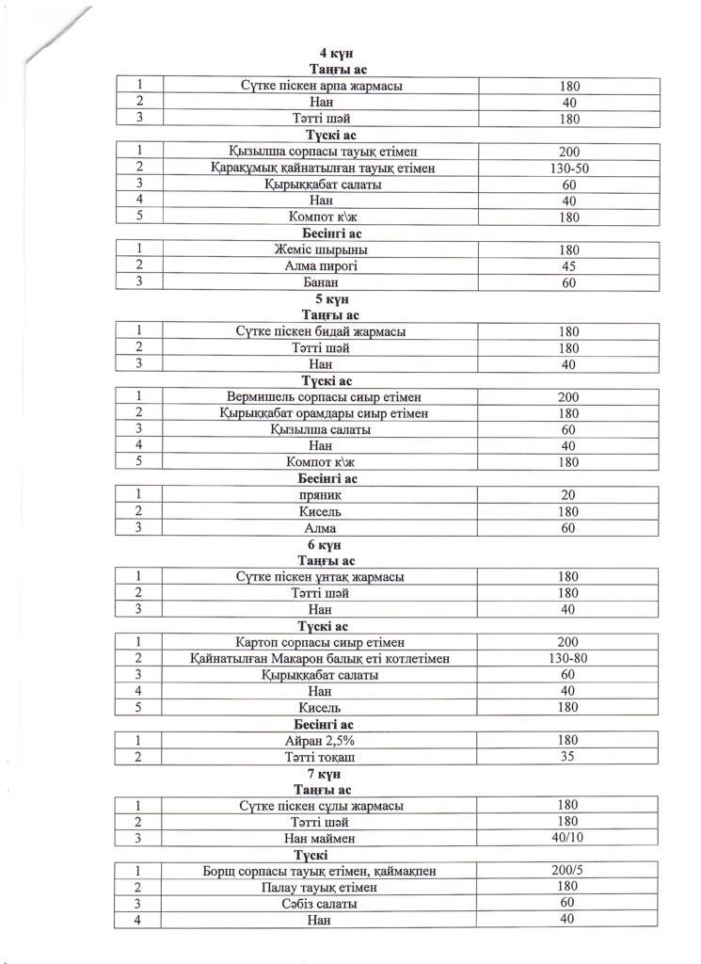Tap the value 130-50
(567, 169)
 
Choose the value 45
(567, 265)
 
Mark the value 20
(567, 494)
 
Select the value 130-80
(567, 658)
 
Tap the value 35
(567, 756)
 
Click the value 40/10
(567, 837)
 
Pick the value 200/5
(567, 871)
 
